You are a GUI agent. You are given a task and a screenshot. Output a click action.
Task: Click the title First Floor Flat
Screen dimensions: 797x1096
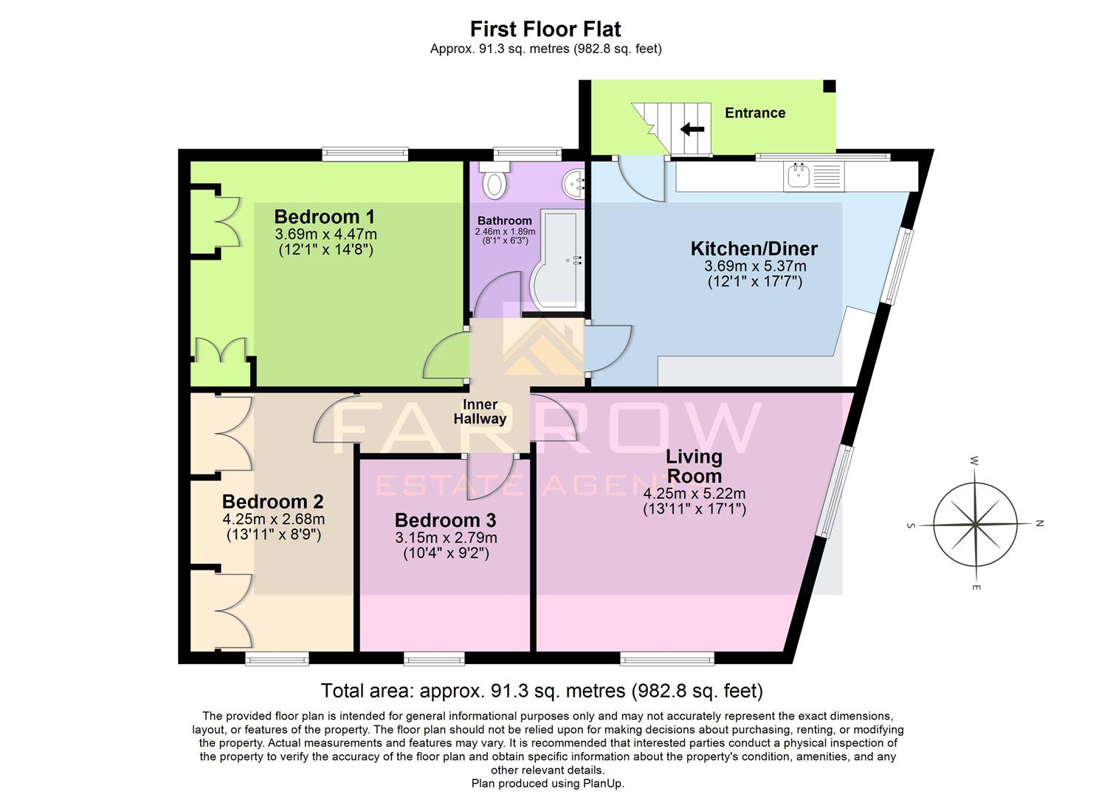click(x=545, y=29)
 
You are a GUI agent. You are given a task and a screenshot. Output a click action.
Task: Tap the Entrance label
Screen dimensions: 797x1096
click(x=754, y=113)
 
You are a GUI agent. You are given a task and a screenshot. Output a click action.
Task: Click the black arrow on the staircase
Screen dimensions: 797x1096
click(x=692, y=130)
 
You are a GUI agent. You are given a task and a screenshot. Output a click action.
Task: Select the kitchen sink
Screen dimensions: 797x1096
click(x=798, y=176)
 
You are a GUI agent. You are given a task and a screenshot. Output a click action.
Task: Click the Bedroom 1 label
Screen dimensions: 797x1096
click(x=324, y=217)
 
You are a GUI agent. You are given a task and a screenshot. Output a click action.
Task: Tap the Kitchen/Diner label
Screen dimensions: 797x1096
click(x=754, y=249)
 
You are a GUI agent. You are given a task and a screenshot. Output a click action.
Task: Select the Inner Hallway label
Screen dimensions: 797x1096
click(x=480, y=412)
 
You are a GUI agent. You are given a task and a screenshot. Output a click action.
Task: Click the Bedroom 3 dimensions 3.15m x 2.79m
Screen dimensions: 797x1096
click(x=445, y=537)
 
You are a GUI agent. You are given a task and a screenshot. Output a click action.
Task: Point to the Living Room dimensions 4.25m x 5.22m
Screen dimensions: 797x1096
click(x=694, y=494)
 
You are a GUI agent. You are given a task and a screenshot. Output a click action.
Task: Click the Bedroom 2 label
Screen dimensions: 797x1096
click(x=272, y=502)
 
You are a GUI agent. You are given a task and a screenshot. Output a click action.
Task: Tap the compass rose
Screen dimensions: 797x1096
click(x=975, y=524)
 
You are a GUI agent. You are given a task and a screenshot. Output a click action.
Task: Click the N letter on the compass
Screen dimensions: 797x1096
click(x=1039, y=523)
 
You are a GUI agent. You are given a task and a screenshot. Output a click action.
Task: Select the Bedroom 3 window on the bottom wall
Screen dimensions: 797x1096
click(x=434, y=658)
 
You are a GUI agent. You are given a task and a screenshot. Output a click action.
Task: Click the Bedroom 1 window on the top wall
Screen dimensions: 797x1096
click(x=365, y=154)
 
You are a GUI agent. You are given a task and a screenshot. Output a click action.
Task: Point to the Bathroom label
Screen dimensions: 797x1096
click(x=504, y=221)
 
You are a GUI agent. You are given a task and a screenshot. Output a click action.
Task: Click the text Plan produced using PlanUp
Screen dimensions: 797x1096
click(x=548, y=784)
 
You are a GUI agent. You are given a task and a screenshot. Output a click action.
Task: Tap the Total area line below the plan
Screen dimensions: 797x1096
click(x=541, y=691)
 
